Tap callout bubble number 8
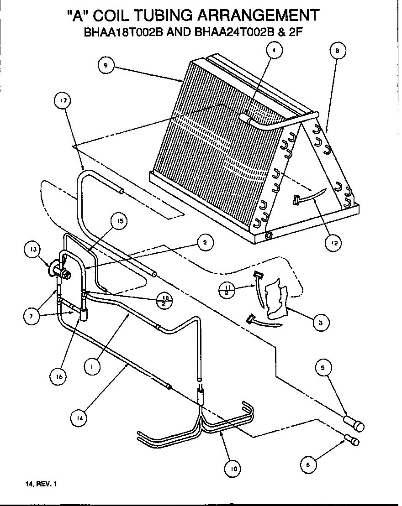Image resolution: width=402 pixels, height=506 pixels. click(337, 52)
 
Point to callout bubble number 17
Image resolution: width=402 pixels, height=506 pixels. click(63, 102)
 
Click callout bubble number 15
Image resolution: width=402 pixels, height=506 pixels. click(119, 221)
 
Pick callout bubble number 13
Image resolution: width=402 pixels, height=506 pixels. click(33, 250)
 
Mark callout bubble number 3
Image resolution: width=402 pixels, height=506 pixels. click(320, 323)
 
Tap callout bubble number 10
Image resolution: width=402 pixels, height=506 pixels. click(233, 467)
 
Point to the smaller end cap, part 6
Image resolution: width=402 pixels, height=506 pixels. click(353, 441)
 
